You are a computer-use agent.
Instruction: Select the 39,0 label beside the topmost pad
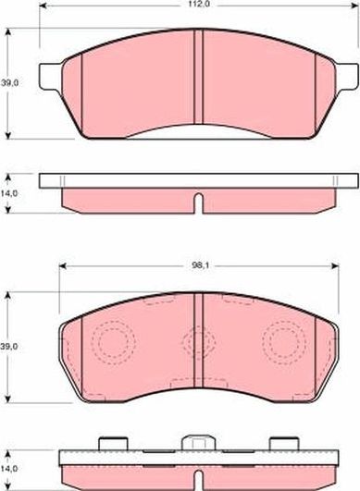click(10, 82)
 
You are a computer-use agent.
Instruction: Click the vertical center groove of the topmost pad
click(198, 79)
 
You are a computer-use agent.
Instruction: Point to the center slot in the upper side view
click(197, 201)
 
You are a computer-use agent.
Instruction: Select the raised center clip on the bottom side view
click(197, 443)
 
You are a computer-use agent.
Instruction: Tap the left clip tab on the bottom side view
click(113, 443)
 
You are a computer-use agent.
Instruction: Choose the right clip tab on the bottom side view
click(280, 443)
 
